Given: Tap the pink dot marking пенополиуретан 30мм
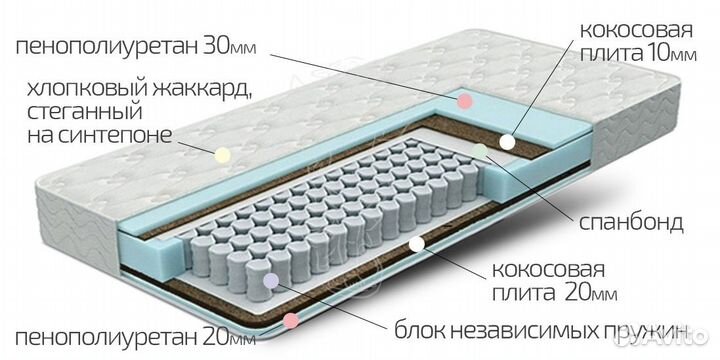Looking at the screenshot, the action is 464,100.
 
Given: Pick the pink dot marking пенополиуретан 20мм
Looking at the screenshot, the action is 290,321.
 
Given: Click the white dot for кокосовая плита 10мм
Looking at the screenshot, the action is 508,142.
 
